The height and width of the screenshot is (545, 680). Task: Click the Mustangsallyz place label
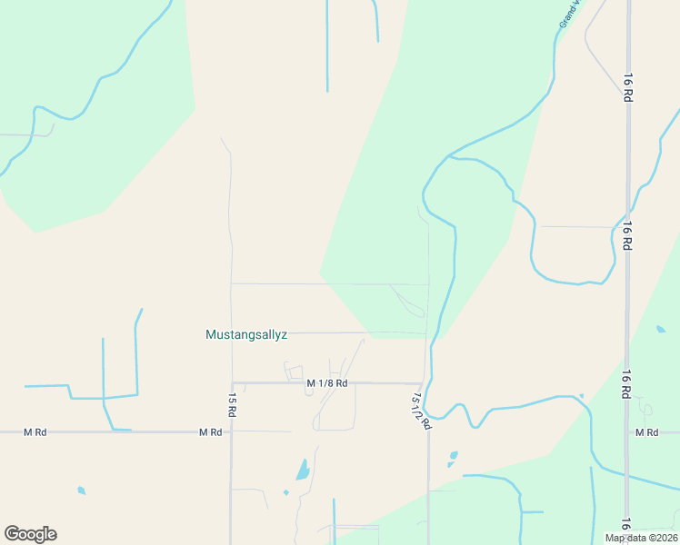246,334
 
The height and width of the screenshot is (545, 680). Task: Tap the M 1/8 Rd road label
327,383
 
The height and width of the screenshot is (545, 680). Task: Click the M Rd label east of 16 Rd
646,432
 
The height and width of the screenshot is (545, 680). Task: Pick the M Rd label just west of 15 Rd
211,432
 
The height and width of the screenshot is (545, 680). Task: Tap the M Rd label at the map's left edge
35,432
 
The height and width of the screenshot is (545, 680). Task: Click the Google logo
30,534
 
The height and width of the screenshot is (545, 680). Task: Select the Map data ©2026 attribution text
641,538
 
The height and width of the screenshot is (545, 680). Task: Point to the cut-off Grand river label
570,13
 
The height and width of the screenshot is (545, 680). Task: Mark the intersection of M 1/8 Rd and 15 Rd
232,383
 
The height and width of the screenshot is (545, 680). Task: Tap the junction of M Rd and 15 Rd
232,432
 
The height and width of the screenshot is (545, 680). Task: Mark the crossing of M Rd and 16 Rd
626,432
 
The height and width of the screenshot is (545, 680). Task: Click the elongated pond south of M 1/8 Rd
302,470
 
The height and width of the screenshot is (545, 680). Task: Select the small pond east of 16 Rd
660,329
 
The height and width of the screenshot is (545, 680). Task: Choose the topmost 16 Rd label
627,87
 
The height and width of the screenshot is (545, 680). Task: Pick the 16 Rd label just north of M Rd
627,384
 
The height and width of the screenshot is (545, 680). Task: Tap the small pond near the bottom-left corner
81,490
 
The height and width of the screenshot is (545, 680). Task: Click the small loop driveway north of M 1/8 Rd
294,372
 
